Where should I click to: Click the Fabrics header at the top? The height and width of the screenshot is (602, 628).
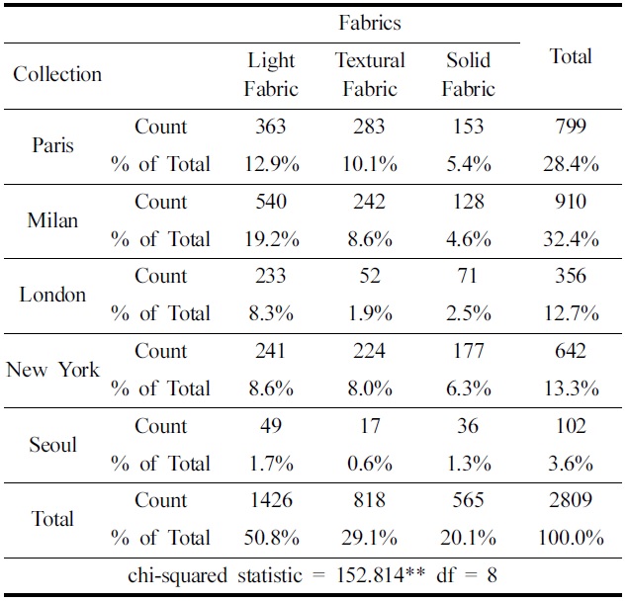[x=370, y=22]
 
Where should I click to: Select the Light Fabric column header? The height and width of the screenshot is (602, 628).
[x=271, y=74]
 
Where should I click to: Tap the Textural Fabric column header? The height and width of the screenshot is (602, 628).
[x=370, y=74]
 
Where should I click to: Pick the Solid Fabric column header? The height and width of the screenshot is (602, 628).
[x=468, y=74]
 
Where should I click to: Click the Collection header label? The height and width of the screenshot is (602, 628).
[x=57, y=74]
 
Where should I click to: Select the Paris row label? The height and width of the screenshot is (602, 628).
[x=52, y=145]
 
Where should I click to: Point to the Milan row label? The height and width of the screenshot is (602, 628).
[x=52, y=219]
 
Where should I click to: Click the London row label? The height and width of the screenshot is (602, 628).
[x=52, y=295]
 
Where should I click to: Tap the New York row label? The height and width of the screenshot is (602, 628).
[x=52, y=370]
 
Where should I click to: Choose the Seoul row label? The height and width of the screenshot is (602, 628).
[x=52, y=444]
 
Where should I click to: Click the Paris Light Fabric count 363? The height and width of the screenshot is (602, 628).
[x=270, y=127]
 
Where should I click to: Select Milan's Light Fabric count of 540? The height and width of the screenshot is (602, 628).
[x=270, y=202]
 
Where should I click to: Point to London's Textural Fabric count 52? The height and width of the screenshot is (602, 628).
[x=370, y=276]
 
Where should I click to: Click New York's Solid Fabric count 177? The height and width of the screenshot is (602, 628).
[x=468, y=351]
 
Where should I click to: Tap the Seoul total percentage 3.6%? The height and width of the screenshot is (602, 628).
[x=571, y=463]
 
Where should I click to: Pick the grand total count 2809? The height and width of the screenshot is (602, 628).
[x=571, y=500]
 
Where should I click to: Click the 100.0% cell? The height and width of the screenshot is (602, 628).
[x=571, y=538]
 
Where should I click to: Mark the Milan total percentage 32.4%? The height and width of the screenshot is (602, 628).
[x=571, y=238]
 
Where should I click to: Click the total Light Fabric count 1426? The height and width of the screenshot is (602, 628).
[x=270, y=500]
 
